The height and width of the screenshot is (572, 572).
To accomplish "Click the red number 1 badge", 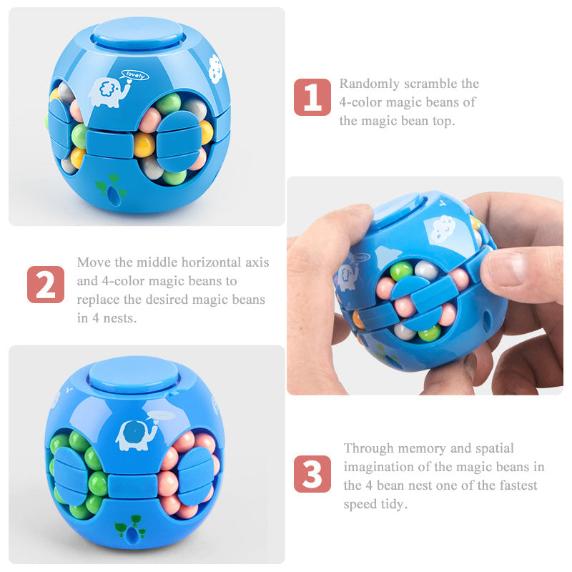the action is (x=312, y=97).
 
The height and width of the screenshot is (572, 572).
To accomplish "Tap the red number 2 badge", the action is (x=46, y=285).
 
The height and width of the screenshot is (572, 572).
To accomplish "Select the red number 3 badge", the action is (x=312, y=474).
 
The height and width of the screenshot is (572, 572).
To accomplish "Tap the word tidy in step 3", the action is (x=394, y=504).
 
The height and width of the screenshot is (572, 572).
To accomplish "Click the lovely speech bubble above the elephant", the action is (x=134, y=76).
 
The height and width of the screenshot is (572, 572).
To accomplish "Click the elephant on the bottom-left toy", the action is (x=136, y=435).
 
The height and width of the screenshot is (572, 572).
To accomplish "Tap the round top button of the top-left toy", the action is (x=137, y=33).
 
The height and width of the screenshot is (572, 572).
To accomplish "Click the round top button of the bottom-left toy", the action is (x=134, y=374).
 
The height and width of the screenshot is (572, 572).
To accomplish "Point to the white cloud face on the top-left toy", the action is (x=215, y=68).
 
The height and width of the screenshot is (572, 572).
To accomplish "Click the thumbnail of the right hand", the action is (x=506, y=269).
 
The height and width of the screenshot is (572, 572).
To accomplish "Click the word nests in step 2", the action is (x=119, y=318).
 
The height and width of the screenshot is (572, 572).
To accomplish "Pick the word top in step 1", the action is (x=443, y=122).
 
